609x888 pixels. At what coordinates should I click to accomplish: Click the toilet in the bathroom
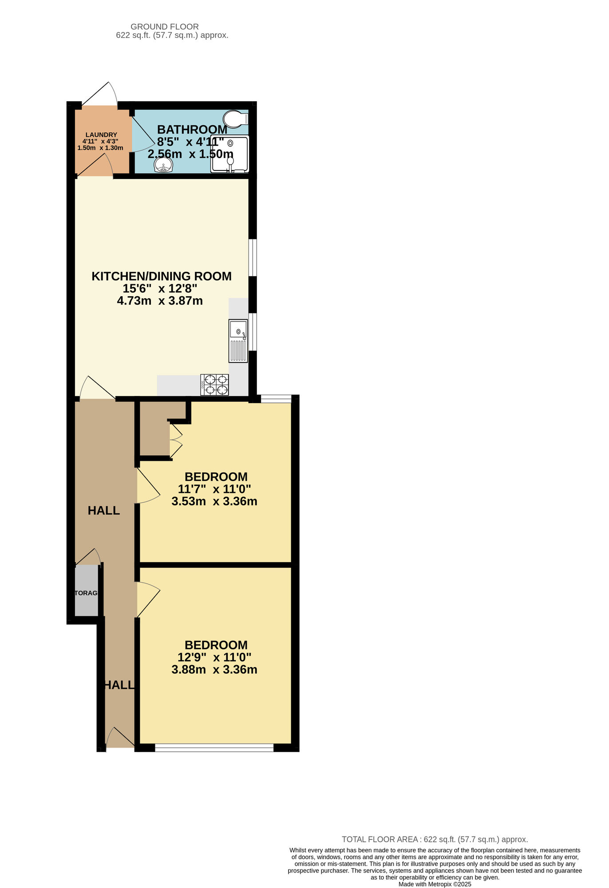pos(235,119)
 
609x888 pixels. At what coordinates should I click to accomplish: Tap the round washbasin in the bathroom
pos(163,165)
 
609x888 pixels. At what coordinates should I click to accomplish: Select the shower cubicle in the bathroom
pos(230,154)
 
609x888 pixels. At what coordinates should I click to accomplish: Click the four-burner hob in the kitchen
pos(215,385)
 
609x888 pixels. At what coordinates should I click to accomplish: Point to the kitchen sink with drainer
pos(238,341)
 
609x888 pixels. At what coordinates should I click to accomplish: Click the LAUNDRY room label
pos(101,135)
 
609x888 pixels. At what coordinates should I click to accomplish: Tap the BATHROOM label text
pos(192,130)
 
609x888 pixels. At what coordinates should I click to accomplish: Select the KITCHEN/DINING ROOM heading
pos(162,276)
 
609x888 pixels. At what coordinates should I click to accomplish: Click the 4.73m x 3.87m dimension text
pos(160,301)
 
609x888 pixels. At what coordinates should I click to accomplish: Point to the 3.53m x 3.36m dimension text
pos(214,501)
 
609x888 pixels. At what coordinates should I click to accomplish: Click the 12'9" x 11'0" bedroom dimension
pos(214,657)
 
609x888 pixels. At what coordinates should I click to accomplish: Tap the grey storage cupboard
pos(86,591)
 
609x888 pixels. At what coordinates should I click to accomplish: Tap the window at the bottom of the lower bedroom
pos(214,748)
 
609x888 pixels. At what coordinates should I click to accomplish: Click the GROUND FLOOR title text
pos(165,27)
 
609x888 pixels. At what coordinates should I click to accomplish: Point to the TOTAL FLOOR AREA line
pos(435,840)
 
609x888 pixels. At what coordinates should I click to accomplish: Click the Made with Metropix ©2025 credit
pos(435,884)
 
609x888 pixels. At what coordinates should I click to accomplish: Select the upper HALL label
pos(104,511)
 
